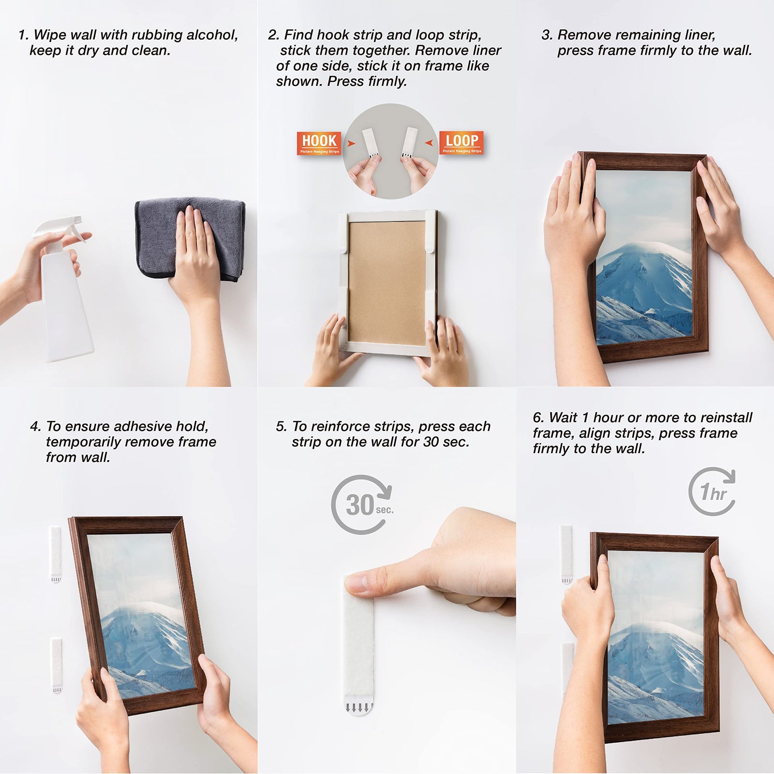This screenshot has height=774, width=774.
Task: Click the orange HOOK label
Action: point(319,143)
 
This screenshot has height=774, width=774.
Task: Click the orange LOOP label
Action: point(461,142)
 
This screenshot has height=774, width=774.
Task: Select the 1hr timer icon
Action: point(712,491)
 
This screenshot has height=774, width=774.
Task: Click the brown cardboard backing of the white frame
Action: point(387,281)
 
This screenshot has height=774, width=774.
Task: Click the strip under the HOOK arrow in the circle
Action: point(371,143)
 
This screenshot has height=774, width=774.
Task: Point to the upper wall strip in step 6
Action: point(566,553)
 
